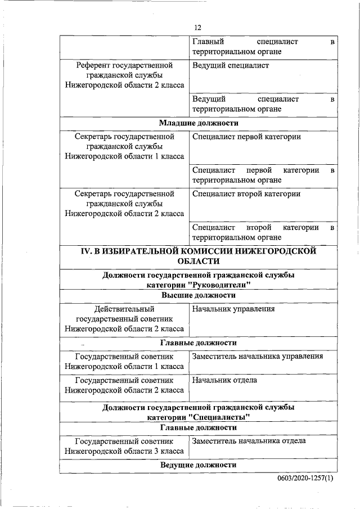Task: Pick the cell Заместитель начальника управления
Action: point(257,356)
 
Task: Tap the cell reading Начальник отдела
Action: point(224,380)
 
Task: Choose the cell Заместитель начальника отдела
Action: point(249,441)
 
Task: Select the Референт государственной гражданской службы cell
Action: point(124,75)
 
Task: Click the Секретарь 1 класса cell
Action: point(124,146)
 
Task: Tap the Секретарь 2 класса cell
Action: point(124,204)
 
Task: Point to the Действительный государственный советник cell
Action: point(124,318)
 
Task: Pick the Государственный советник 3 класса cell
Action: point(124,447)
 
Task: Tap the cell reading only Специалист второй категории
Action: point(246,194)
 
